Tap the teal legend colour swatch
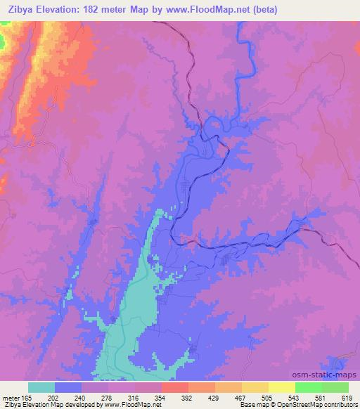[41, 387]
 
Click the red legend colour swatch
[175, 387]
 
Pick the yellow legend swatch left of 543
[255, 387]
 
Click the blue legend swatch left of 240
[68, 387]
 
